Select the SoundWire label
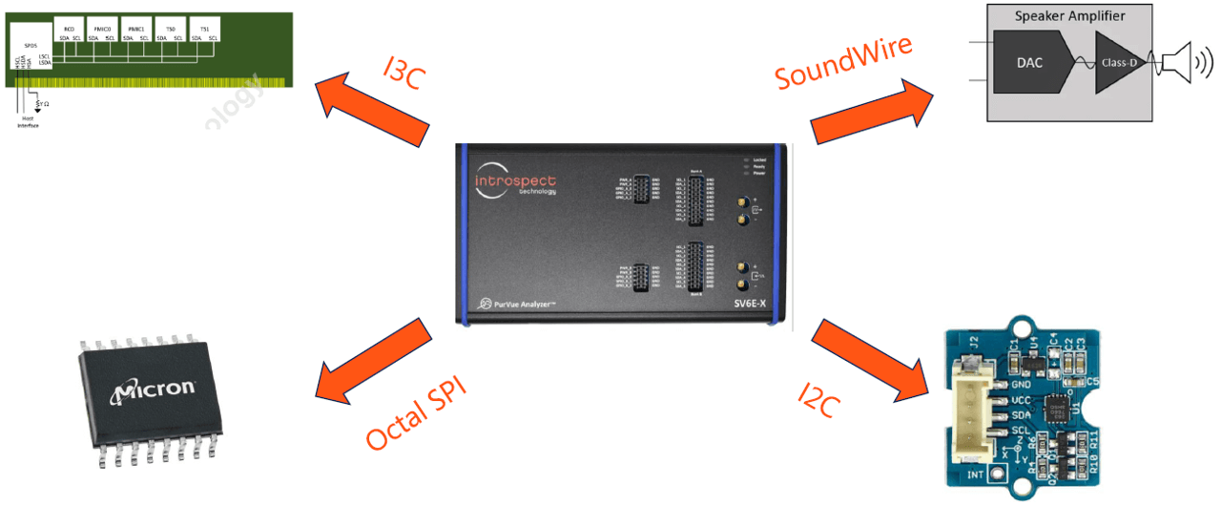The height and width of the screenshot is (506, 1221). (843, 63)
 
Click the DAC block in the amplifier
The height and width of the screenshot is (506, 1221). (1029, 63)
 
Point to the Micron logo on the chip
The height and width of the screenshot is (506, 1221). (155, 390)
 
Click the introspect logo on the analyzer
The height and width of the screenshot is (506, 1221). (515, 181)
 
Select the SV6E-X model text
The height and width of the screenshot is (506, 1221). (749, 303)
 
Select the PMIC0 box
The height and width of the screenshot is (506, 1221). (100, 32)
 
